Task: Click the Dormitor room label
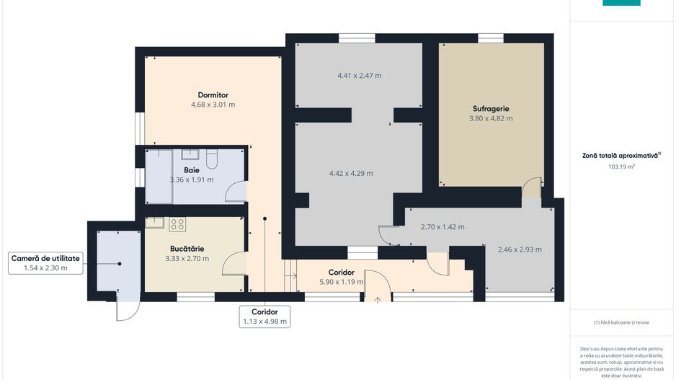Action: [213, 95]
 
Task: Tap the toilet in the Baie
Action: [212, 159]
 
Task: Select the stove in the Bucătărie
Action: [177, 224]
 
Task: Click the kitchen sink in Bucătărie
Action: [154, 222]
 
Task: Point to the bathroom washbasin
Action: [190, 154]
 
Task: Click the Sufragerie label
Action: [491, 109]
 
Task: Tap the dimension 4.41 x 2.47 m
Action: [359, 76]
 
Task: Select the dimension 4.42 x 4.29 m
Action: [351, 173]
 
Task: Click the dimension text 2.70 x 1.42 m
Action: [442, 227]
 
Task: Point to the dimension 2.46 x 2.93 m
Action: [520, 249]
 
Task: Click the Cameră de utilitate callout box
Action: [45, 263]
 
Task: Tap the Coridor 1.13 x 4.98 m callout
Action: [264, 317]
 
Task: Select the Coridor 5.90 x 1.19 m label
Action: [341, 277]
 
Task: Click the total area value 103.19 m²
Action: [621, 167]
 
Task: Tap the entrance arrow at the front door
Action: [377, 299]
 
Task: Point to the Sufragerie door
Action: [532, 187]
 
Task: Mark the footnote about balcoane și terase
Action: [621, 322]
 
